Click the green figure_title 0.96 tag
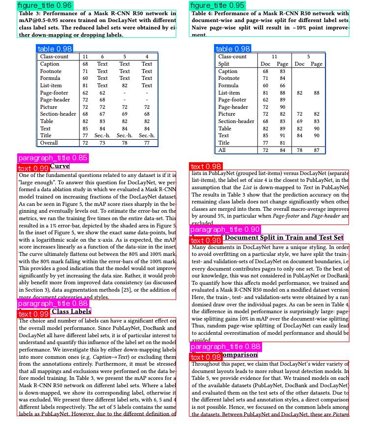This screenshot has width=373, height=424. [45, 5]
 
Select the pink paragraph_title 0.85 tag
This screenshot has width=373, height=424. [53, 158]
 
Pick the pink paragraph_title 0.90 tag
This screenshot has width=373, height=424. [225, 229]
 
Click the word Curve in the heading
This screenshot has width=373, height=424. [59, 166]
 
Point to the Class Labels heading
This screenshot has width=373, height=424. [71, 311]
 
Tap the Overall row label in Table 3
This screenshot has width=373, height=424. [49, 143]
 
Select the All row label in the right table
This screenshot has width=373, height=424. [222, 150]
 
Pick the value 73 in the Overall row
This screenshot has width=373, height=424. [102, 143]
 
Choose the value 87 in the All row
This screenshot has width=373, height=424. [317, 150]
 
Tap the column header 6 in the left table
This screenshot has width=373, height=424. [102, 57]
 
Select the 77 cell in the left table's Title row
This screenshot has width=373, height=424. [85, 136]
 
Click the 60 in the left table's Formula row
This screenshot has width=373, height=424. [85, 78]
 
